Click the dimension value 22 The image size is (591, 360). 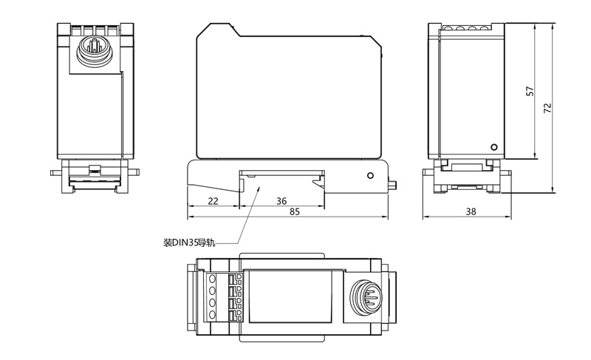tap(213, 201)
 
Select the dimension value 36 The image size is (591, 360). tap(281, 201)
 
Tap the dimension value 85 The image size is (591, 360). tap(294, 213)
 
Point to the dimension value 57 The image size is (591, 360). tap(529, 91)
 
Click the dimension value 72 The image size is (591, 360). tap(547, 107)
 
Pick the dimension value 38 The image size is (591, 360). tap(471, 213)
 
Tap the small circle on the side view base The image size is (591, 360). tap(371, 176)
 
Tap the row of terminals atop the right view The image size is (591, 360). tap(468, 28)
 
